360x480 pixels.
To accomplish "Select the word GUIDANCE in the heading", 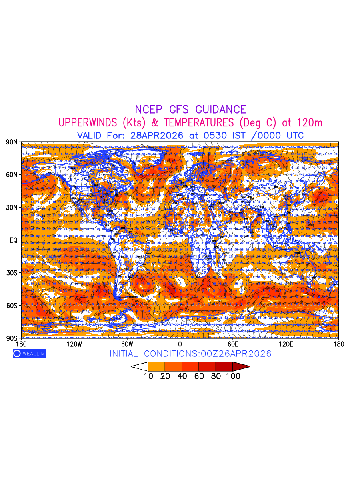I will click(221, 110).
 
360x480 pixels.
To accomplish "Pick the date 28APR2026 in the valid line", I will click(157, 135).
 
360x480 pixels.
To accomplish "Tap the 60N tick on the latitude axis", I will click(12, 174).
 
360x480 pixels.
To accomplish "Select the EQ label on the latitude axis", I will click(13, 240).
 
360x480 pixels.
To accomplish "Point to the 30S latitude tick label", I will click(12, 273).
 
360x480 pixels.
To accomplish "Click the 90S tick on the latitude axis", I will click(12, 338).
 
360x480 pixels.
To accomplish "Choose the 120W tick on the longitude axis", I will click(74, 344).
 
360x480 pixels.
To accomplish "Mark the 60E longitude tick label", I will click(233, 344).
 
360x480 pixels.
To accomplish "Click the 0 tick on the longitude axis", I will click(180, 344).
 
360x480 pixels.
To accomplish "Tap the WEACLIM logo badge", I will click(29, 354).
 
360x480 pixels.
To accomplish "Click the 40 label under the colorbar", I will click(182, 376).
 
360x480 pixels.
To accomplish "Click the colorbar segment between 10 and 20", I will click(156, 366).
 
